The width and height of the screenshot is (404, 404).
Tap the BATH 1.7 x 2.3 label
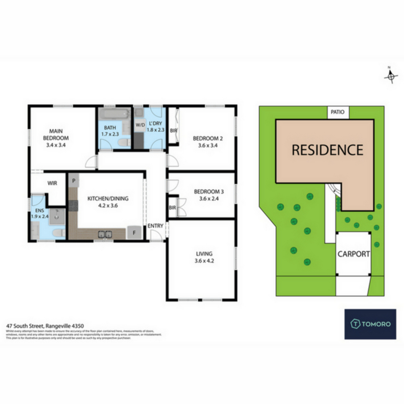coord(110,131)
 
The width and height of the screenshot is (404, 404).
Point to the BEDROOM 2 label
coord(208,142)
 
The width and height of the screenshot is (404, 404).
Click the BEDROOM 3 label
coord(209,195)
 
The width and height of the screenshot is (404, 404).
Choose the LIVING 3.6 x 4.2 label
coord(204,257)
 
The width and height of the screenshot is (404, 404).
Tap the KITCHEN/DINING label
coord(108,202)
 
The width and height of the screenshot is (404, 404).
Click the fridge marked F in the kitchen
coord(134,233)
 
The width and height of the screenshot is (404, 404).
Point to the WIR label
coord(52,183)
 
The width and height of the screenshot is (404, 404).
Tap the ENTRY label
coord(155,226)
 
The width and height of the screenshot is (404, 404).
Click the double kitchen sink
coord(105,234)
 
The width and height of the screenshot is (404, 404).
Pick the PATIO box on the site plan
coord(338,112)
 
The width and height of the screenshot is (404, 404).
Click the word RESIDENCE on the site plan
coord(328,150)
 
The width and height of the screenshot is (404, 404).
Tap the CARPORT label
coord(353,254)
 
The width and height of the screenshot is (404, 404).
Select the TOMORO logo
coord(370,324)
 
